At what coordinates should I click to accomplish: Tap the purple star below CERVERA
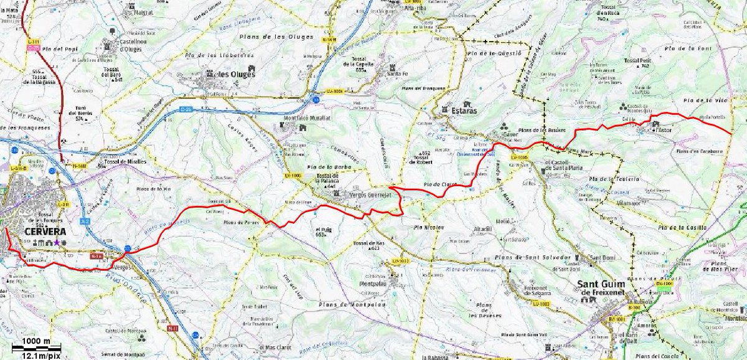pos(57,242)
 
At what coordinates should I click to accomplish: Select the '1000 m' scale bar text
pos(36,341)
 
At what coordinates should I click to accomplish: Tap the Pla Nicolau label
pos(428,228)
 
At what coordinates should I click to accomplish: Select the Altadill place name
pos(482,229)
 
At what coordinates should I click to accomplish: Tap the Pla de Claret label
pos(440,184)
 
